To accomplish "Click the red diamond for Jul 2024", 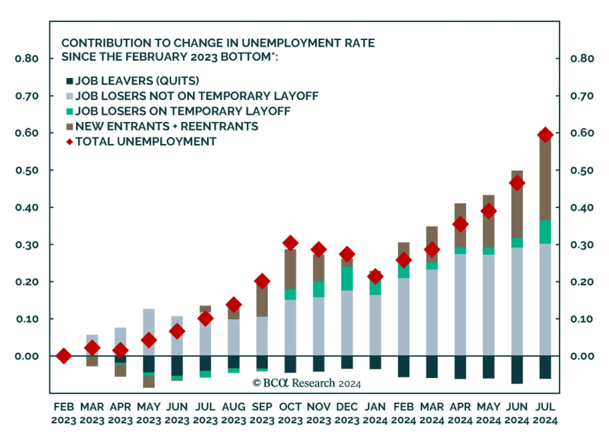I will pyautogui.click(x=545, y=135).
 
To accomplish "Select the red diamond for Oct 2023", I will pyautogui.click(x=290, y=243).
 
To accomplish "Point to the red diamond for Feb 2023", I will pyautogui.click(x=64, y=356).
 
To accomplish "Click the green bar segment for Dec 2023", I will pyautogui.click(x=347, y=278).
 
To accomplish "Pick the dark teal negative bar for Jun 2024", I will pyautogui.click(x=517, y=369).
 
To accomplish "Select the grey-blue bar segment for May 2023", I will pyautogui.click(x=149, y=323).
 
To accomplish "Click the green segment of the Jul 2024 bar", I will pyautogui.click(x=545, y=231).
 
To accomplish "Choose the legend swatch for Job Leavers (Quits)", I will pyautogui.click(x=70, y=81).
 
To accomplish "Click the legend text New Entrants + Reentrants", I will pyautogui.click(x=167, y=126).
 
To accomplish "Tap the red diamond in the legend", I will pyautogui.click(x=70, y=142).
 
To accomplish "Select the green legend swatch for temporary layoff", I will pyautogui.click(x=70, y=111).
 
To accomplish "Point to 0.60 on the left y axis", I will pyautogui.click(x=27, y=133).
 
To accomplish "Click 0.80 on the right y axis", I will pyautogui.click(x=582, y=59).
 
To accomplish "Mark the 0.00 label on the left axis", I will pyautogui.click(x=27, y=356).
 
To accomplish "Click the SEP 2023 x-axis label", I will pyautogui.click(x=262, y=413).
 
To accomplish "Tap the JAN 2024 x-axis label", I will pyautogui.click(x=375, y=413).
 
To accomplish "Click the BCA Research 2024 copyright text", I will pyautogui.click(x=307, y=383).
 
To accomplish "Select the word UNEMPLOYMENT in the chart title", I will pyautogui.click(x=290, y=43).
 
